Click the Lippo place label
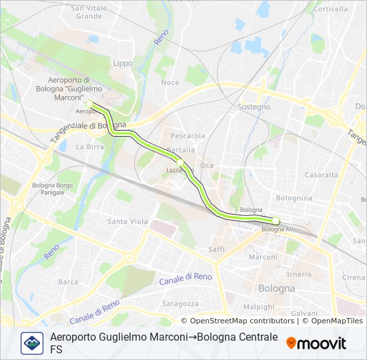[123, 63]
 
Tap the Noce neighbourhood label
[170, 83]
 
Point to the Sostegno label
[254, 107]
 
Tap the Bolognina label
[294, 198]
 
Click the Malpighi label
[259, 307]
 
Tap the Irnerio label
[299, 274]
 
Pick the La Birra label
[88, 147]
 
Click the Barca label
[68, 282]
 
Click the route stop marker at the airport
[90, 103]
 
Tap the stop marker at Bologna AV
[276, 221]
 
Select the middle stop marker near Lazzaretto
[180, 162]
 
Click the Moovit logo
[316, 343]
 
